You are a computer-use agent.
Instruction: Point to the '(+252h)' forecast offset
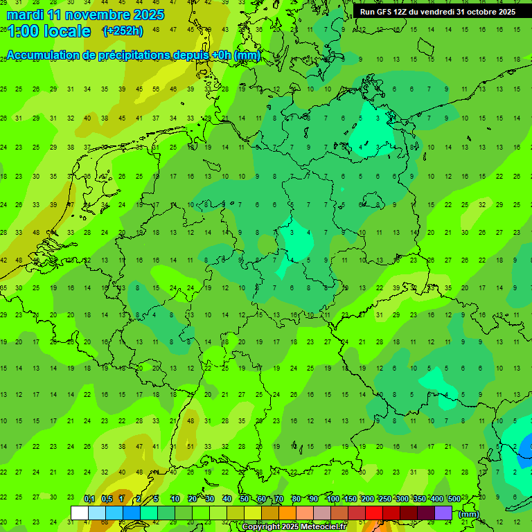pos(123,31)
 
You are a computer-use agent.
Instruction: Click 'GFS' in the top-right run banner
pos(382,12)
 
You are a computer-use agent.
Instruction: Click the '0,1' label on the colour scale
pos(89,499)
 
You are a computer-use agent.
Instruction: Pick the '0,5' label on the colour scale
pos(107,499)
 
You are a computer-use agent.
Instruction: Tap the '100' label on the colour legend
pos(333,499)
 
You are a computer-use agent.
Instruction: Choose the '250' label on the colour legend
pos(385,499)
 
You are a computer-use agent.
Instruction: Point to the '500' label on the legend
pos(454,499)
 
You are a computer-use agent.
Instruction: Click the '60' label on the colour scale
pos(261,499)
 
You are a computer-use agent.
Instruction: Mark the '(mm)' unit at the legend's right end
pos(469,514)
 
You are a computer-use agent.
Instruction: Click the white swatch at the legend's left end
pos(80,513)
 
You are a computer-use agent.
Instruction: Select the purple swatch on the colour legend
pos(443,513)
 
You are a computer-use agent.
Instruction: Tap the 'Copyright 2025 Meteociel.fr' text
pos(294,527)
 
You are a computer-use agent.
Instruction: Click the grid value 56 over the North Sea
pos(156,89)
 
